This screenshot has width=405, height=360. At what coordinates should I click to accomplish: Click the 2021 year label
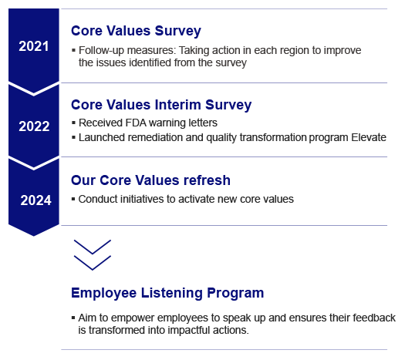34,46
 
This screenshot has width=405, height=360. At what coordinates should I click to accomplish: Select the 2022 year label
34,126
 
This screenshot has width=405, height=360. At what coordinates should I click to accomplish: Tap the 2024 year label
35,200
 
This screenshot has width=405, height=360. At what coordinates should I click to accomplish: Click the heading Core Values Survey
136,31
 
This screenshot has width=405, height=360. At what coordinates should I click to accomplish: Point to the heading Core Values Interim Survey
160,105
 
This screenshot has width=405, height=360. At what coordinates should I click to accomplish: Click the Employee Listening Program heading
167,293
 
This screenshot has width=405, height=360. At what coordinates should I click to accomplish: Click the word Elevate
345,137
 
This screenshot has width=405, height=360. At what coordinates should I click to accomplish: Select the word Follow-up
101,50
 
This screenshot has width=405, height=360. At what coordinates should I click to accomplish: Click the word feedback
372,318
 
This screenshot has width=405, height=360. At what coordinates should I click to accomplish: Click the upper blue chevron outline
92,247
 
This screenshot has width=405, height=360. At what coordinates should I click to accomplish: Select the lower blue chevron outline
92,263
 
